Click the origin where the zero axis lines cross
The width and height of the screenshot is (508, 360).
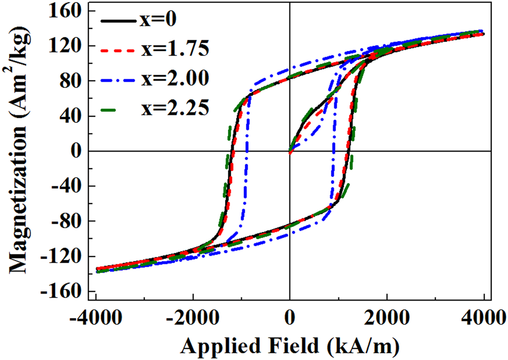[x=290, y=151]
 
